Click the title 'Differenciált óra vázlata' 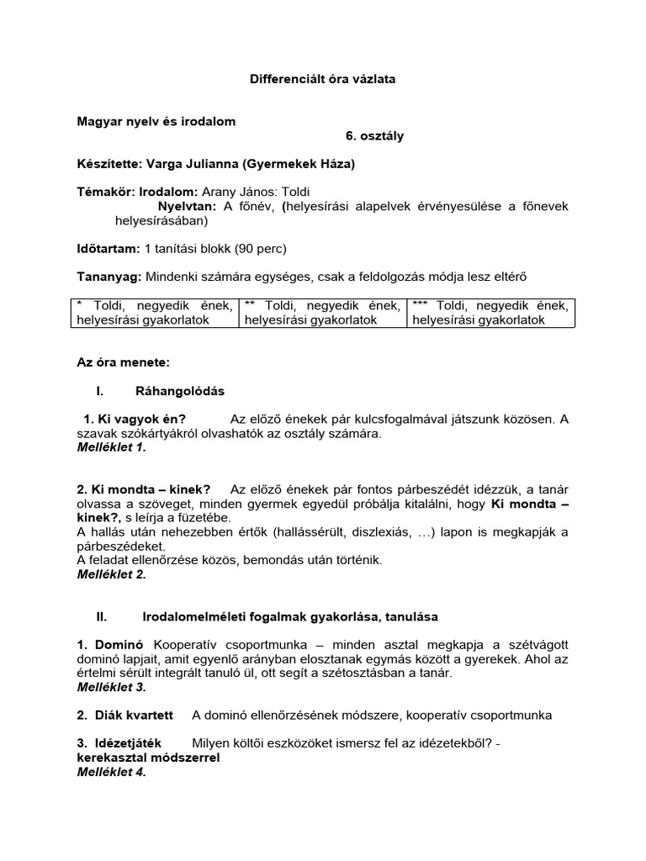[322, 79]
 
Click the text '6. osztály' [374, 136]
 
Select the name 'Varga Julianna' [182, 164]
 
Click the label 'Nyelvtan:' [188, 206]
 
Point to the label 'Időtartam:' [109, 248]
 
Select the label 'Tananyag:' [109, 276]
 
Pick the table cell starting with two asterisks [322, 312]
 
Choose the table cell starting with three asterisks [490, 312]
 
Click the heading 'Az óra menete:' [124, 362]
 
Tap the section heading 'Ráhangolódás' [180, 391]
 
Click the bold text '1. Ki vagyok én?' [135, 420]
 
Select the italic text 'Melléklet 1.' [111, 448]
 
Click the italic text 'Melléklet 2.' [111, 574]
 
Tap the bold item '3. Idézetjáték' [121, 743]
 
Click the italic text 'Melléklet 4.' [111, 772]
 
